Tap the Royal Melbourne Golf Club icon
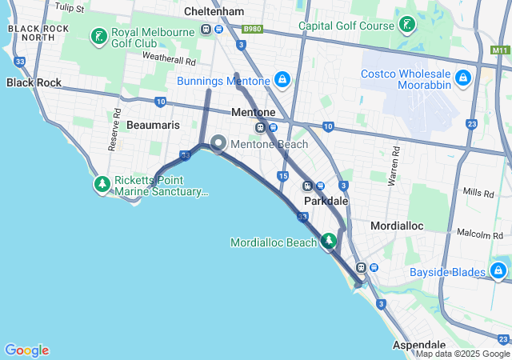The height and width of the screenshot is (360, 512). (98, 37)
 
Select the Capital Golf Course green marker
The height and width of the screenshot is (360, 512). (407, 25)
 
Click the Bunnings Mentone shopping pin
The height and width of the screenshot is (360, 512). (282, 80)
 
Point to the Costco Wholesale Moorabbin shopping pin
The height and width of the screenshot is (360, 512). (462, 78)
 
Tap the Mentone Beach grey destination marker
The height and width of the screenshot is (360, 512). (218, 144)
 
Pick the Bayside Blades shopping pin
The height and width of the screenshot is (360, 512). (500, 272)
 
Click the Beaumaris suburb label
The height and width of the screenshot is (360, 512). (153, 126)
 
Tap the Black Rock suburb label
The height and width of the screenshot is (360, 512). (34, 82)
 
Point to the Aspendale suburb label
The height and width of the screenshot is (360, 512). (419, 344)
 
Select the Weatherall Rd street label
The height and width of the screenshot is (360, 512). (169, 58)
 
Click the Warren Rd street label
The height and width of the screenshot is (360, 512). (393, 166)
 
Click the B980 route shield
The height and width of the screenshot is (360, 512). (253, 29)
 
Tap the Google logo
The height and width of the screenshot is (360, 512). (26, 350)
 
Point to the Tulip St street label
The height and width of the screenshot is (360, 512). (70, 7)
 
